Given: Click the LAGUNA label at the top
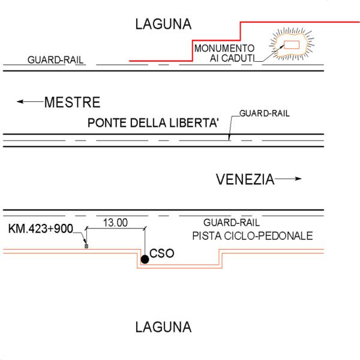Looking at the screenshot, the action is click(x=163, y=25).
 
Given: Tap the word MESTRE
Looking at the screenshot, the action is click(x=72, y=102).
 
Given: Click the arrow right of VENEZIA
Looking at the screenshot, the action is click(x=289, y=179).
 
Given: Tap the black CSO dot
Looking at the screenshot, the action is click(x=145, y=259).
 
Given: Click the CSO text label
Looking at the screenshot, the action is click(x=162, y=253).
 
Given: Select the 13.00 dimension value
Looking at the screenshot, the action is click(x=115, y=223).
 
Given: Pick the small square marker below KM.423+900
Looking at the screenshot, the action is click(x=86, y=246).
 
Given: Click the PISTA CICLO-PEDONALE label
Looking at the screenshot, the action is click(x=252, y=235).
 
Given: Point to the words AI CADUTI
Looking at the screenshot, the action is click(x=232, y=58).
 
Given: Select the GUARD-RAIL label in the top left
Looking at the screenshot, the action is click(x=55, y=61).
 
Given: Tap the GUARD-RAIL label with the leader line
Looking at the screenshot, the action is click(x=265, y=112).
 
